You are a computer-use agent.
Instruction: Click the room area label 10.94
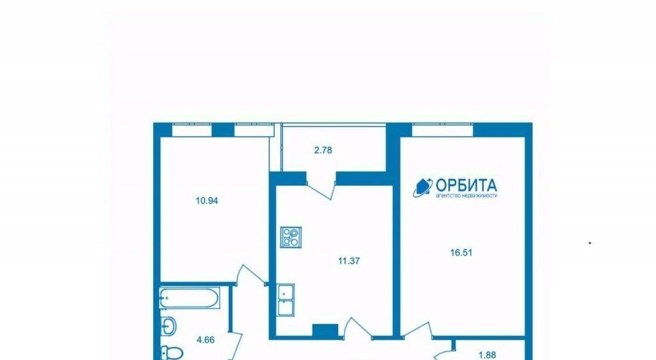207,200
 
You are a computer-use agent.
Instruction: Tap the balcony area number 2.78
323,150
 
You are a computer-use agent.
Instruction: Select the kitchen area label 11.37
349,261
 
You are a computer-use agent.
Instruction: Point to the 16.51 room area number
461,252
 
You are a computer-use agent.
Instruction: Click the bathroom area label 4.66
206,340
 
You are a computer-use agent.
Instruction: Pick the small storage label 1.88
487,356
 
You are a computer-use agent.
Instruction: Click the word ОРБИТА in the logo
466,185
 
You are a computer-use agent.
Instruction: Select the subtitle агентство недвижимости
466,195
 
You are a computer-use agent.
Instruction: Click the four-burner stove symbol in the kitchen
291,237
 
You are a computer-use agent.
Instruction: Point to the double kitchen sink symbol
286,300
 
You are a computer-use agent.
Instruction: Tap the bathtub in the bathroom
190,299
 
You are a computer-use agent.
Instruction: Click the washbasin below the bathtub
168,326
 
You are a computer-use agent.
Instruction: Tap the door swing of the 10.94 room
251,274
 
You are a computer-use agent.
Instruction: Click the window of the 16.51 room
442,130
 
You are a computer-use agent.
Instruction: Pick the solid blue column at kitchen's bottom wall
325,331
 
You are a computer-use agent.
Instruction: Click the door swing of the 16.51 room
418,329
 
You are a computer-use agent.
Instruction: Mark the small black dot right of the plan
590,243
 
